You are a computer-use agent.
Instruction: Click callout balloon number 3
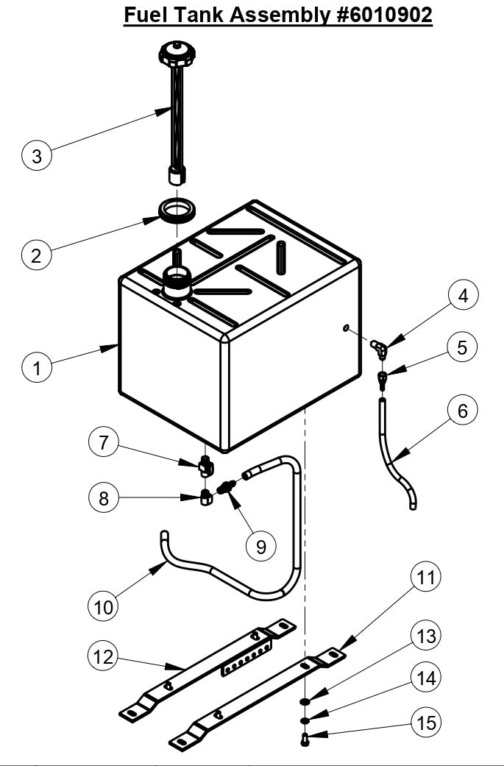point(37,156)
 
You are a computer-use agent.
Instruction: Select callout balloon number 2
point(37,255)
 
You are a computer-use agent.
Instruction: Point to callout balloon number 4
point(462,296)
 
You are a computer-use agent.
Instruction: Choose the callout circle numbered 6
point(462,411)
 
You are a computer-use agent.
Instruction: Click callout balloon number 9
point(261,546)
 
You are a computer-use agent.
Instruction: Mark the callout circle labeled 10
point(104,606)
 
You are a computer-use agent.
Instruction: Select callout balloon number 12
point(104,656)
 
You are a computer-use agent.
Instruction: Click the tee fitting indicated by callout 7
point(205,464)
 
